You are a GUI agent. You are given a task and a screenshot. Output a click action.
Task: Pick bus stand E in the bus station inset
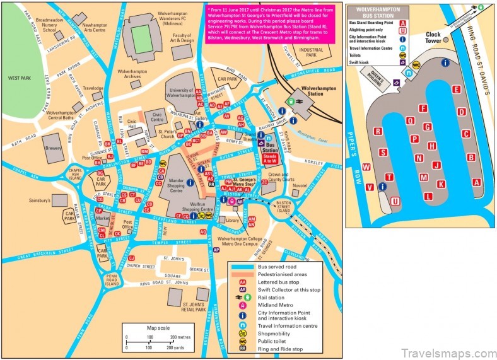(455, 90)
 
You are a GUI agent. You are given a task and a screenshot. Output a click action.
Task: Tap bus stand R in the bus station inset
(378, 131)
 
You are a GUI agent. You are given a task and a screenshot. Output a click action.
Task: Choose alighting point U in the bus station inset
(395, 201)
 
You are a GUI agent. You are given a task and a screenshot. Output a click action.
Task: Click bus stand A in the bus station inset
(476, 182)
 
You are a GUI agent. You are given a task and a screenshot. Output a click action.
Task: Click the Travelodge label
(93, 88)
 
